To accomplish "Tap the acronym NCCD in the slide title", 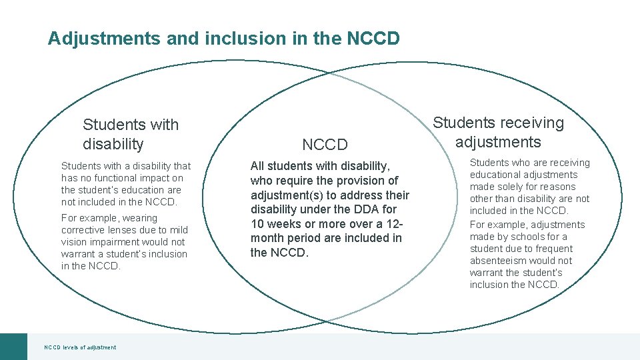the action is coord(373,39).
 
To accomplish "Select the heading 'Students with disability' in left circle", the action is coord(131,134).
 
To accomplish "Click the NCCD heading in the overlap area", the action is coord(325,145).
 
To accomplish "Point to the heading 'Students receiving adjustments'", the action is coord(499,132).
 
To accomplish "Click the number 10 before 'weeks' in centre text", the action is coord(257,224).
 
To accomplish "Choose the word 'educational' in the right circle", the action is coord(496,175).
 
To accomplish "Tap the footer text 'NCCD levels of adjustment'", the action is coord(80,347).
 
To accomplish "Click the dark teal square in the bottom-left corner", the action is coord(13,346).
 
